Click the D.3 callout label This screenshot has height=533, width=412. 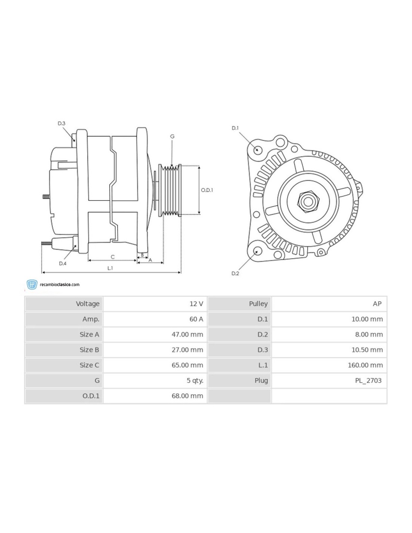point(61,123)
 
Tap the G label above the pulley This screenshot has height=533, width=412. point(172,136)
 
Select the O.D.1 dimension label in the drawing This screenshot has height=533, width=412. point(207,190)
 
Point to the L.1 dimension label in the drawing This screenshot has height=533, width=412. point(110,268)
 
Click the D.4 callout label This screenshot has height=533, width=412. point(63,264)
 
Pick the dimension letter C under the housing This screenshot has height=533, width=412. point(112,257)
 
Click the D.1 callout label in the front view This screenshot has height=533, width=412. point(235,128)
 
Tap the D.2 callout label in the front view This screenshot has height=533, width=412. point(235,273)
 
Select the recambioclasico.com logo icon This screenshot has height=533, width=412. point(32,285)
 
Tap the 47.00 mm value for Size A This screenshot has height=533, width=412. point(188,335)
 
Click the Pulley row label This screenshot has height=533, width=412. point(258,304)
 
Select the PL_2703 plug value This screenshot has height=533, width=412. point(369,380)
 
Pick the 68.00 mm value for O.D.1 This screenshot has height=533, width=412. point(188,396)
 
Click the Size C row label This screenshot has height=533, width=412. point(90,365)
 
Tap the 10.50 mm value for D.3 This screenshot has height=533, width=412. point(367,350)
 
